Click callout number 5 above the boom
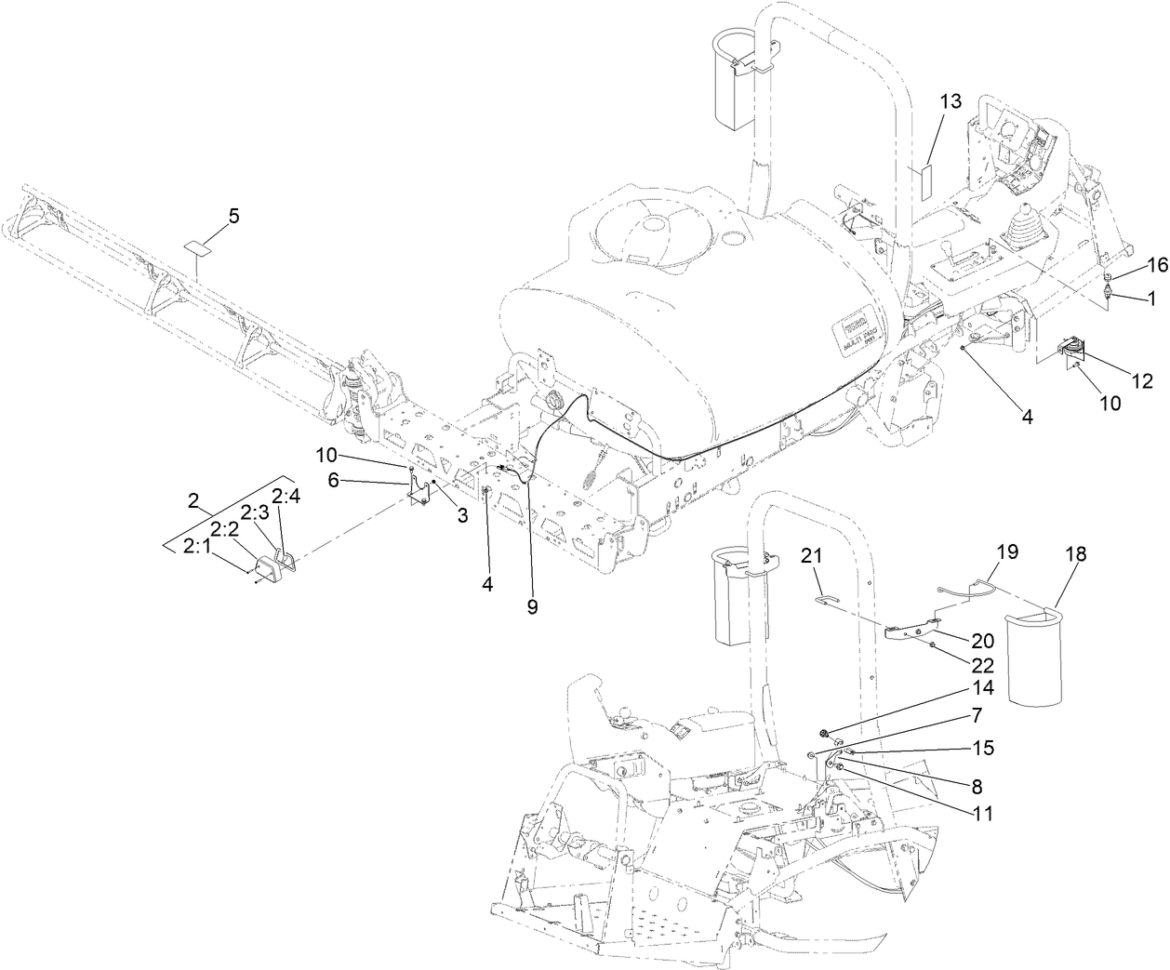click(233, 216)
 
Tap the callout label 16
click(1156, 265)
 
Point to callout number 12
click(1142, 380)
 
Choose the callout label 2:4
click(286, 496)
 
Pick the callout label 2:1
click(195, 546)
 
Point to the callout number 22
click(982, 665)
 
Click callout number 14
click(982, 688)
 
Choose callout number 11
click(982, 813)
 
